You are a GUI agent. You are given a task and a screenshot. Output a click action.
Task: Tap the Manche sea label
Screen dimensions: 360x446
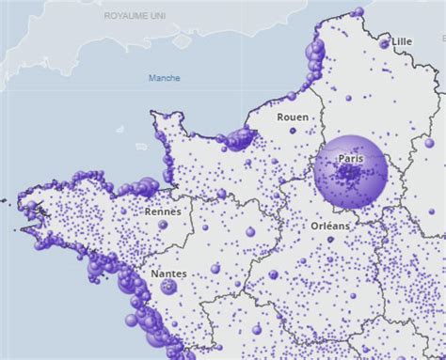164,78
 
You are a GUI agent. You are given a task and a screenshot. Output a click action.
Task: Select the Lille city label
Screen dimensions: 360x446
402,41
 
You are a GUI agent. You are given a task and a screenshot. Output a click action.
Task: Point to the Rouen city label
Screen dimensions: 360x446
292,117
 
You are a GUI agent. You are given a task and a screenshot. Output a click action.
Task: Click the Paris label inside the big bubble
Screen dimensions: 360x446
350,159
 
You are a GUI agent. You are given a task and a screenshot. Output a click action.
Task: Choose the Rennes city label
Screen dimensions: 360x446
162,212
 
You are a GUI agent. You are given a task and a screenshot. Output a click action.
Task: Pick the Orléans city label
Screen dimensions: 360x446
329,227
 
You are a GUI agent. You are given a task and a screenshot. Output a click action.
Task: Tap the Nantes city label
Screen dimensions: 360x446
167,274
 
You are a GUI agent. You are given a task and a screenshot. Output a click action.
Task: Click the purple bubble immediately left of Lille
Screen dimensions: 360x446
383,44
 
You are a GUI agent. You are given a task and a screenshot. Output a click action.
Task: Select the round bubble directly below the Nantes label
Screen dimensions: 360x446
168,287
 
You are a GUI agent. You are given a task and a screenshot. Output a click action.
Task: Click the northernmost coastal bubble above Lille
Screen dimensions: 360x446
358,11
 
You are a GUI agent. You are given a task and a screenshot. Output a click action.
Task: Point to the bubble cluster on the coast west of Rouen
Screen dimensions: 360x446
239,139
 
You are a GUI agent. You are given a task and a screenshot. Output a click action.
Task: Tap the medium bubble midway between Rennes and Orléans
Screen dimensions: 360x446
250,231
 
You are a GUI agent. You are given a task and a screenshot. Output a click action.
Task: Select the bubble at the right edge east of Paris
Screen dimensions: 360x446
429,143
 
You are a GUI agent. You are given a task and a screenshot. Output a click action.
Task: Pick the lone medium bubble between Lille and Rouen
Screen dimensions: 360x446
348,98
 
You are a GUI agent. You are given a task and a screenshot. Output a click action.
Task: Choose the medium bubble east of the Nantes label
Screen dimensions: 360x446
215,269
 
